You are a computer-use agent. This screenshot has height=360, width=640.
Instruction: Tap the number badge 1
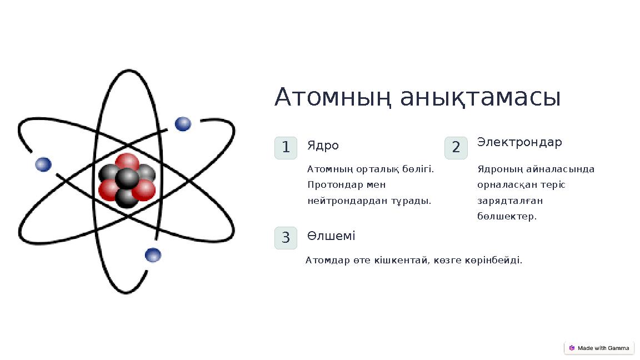point(286,148)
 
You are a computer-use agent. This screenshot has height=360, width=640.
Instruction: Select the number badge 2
point(456,148)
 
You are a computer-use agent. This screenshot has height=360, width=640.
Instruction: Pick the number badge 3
point(286,238)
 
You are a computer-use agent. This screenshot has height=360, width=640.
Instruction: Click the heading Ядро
point(323,146)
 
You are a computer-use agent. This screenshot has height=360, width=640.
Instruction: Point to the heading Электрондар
point(519,142)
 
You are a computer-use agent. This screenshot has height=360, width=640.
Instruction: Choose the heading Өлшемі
point(331,236)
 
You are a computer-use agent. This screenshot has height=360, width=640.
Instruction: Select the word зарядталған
point(510,201)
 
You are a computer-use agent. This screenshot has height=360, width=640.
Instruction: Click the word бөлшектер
point(507,216)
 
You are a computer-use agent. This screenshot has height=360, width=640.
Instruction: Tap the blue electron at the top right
point(183,124)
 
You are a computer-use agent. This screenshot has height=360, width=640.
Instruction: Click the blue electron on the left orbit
point(43,164)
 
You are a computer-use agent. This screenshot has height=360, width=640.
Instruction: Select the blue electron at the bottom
point(153,255)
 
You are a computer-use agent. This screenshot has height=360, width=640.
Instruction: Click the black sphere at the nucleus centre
point(127,178)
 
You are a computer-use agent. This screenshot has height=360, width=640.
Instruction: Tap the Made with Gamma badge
point(599,348)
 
